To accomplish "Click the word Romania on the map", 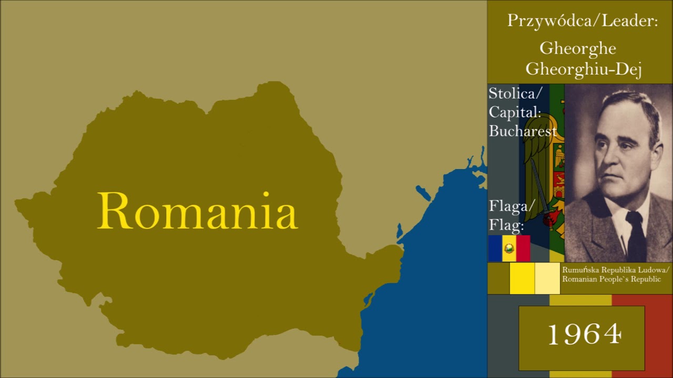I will [197, 211].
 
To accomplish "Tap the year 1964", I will [584, 334].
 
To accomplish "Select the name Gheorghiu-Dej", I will [584, 69].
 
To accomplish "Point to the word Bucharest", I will [523, 131].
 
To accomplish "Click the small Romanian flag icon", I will [509, 248].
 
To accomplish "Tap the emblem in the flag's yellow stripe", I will [509, 248].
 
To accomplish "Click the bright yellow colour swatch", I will [522, 278].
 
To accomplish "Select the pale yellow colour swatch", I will [547, 278].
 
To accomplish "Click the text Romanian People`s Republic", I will [611, 279].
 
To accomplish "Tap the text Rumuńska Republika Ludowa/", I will [616, 270].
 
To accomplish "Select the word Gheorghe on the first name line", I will [578, 49].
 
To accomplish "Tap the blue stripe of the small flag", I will [495, 248].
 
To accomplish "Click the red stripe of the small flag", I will [523, 248].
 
